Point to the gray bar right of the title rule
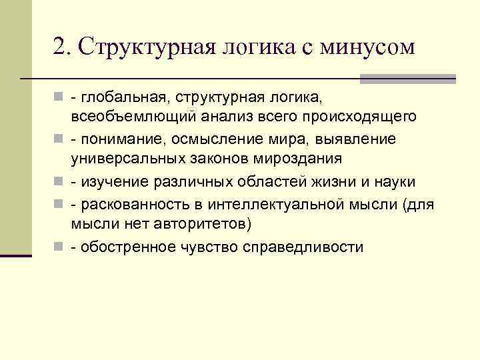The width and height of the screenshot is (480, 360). pyautogui.click(x=407, y=79)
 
